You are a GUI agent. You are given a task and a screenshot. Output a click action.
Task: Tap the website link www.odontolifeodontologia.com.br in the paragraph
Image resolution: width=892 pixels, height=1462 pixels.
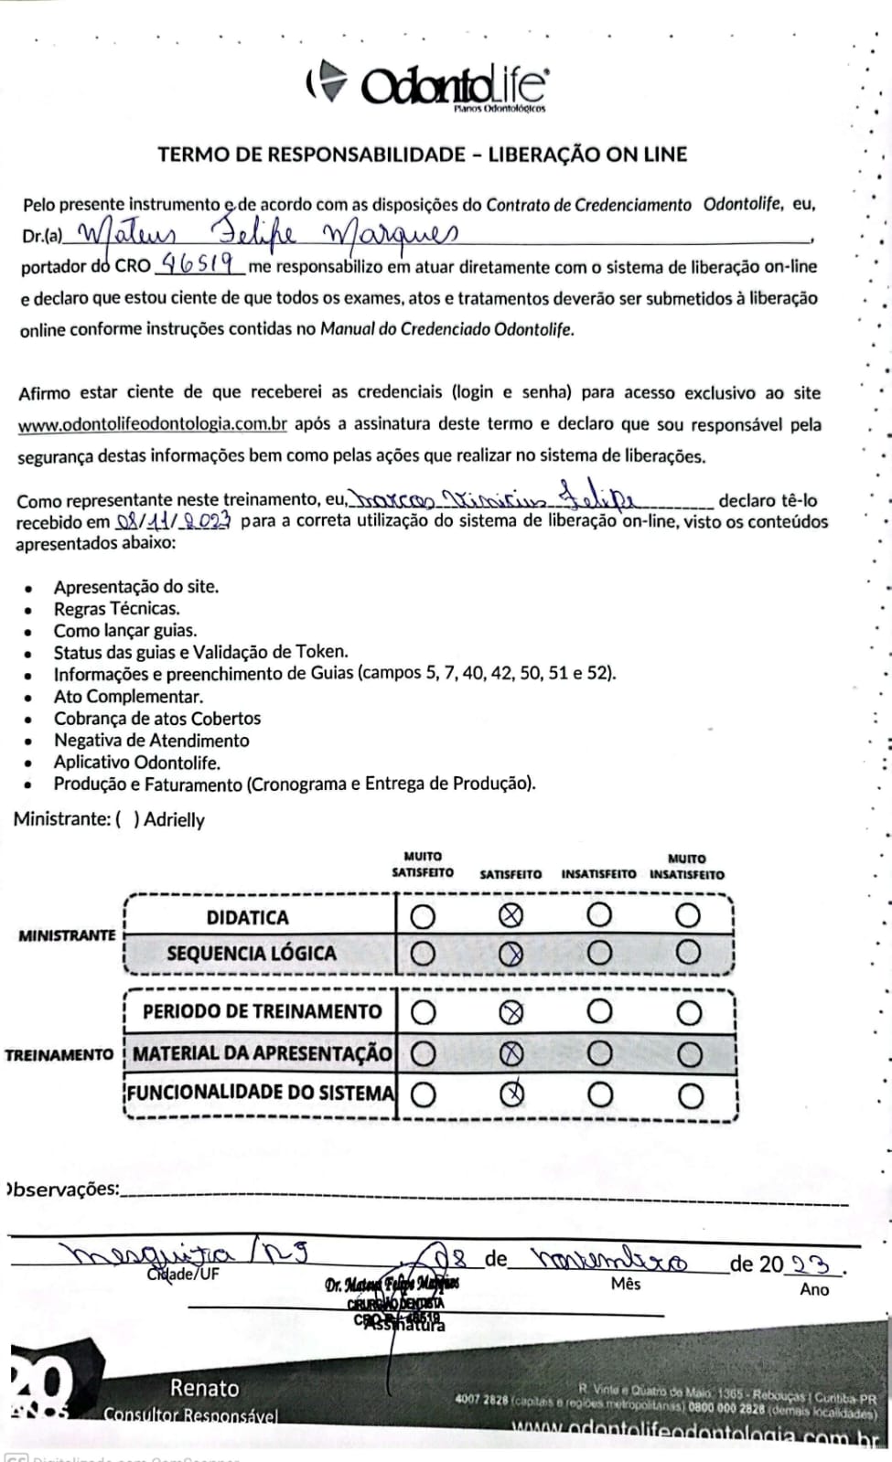click(153, 424)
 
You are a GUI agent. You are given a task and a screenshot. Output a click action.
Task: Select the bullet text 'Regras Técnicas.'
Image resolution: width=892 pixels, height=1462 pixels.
click(116, 608)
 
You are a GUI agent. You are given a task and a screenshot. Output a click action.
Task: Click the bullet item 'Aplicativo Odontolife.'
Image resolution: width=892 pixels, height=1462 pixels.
click(136, 763)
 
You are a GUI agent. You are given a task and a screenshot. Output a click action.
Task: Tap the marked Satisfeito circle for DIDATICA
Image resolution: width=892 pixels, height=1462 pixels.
click(511, 915)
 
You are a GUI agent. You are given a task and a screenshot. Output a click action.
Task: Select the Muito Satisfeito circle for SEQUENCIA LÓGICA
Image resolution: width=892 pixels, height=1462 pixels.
click(423, 954)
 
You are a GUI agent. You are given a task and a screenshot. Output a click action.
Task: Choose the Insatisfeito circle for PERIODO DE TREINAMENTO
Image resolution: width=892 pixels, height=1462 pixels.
click(599, 1011)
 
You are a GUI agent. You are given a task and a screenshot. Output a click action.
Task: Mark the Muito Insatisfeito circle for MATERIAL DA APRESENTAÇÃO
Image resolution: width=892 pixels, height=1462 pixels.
click(689, 1054)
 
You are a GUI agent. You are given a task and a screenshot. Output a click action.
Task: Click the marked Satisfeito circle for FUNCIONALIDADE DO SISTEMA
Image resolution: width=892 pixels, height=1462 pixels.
click(511, 1094)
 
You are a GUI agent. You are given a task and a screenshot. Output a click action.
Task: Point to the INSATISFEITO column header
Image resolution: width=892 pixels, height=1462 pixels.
click(598, 874)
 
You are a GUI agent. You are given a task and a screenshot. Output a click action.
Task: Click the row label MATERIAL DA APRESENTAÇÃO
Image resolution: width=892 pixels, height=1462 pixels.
click(262, 1053)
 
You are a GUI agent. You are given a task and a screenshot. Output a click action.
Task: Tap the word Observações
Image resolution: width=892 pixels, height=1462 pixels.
click(63, 1190)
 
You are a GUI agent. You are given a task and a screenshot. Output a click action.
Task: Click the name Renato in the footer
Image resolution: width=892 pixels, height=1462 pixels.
click(204, 1388)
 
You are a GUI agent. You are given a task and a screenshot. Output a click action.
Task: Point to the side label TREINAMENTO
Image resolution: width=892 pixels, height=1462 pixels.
click(59, 1055)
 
